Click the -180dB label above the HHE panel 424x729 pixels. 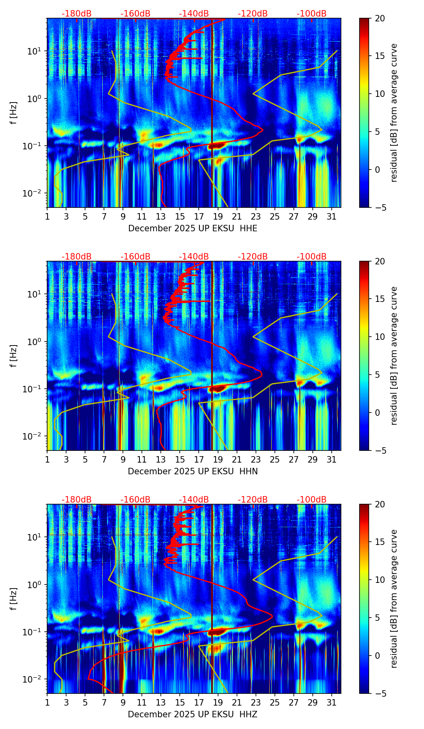pyautogui.click(x=77, y=14)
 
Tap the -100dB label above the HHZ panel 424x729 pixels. pyautogui.click(x=312, y=500)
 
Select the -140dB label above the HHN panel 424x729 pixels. pyautogui.click(x=194, y=257)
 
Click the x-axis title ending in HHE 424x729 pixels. pyautogui.click(x=193, y=228)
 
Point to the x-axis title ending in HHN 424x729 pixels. pyautogui.click(x=193, y=471)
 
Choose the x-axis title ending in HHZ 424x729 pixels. pyautogui.click(x=193, y=714)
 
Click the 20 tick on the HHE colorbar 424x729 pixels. pyautogui.click(x=380, y=19)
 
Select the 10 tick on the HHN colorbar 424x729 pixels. pyautogui.click(x=380, y=337)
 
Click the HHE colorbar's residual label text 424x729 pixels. pyautogui.click(x=394, y=113)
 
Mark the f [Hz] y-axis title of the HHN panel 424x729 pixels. pyautogui.click(x=13, y=356)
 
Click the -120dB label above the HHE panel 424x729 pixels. pyautogui.click(x=253, y=14)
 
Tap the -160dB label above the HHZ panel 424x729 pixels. pyautogui.click(x=135, y=500)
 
